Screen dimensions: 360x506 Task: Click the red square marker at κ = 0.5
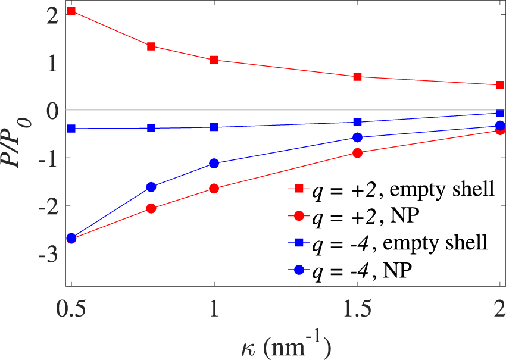[71, 11]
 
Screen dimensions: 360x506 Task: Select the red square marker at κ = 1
[214, 60]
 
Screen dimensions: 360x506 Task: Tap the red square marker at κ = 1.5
[358, 77]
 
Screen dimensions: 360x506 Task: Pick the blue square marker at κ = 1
[214, 127]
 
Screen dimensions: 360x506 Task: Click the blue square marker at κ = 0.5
[71, 129]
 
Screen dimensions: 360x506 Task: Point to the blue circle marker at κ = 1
[214, 164]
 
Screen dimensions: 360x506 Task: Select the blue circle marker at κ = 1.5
[358, 137]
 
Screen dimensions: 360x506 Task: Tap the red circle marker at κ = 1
[214, 189]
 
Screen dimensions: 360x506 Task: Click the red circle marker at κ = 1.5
[358, 153]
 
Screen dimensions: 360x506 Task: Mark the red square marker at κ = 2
[501, 85]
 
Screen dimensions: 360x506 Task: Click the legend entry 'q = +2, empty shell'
[393, 189]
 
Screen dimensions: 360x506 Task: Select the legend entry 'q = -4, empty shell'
[393, 243]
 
